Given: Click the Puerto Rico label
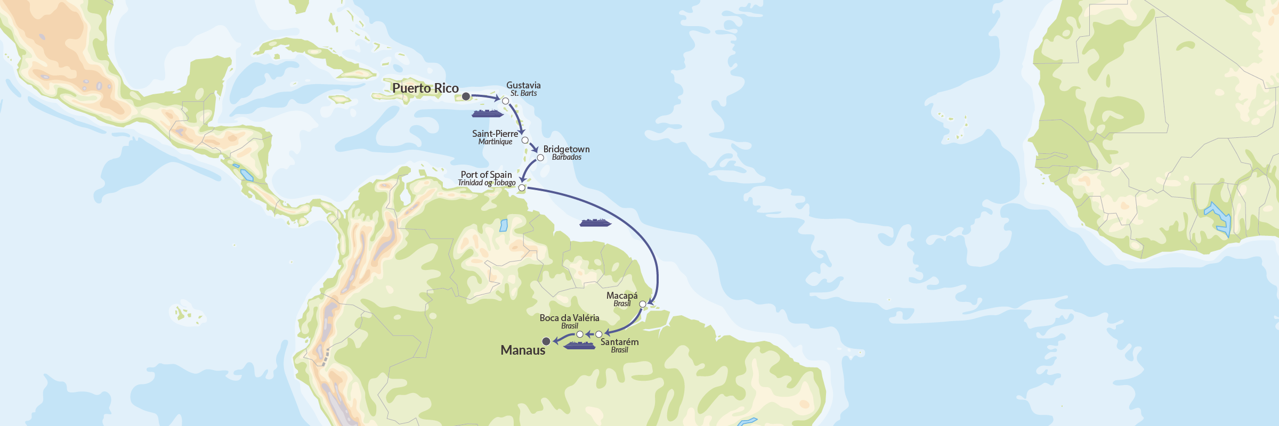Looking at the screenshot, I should (x=425, y=88).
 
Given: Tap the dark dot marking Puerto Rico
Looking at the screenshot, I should (x=466, y=96).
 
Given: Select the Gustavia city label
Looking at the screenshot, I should (x=523, y=85).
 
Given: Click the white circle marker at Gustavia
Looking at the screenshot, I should (x=506, y=101).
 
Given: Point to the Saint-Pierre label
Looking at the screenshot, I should (x=495, y=134).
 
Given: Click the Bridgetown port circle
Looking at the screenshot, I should (x=540, y=158).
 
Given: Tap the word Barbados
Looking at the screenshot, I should (x=566, y=157).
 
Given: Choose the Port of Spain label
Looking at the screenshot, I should (x=486, y=175).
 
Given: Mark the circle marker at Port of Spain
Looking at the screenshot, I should (x=522, y=188).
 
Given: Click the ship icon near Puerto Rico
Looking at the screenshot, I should (x=487, y=113).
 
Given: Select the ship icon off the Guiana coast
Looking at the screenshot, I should (x=595, y=223).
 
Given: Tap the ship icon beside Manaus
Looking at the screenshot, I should (x=579, y=346).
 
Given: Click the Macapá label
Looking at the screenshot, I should (x=622, y=296).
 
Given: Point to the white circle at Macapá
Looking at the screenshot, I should (x=643, y=304).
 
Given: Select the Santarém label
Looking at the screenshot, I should (x=619, y=342).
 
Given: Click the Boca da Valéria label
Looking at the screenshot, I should (x=569, y=318).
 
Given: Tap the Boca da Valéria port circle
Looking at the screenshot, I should (x=580, y=334).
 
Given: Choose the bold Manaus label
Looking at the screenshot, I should (x=523, y=350).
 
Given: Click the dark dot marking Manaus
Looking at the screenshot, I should (x=546, y=341).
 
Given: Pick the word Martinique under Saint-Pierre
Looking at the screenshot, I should (x=495, y=142).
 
